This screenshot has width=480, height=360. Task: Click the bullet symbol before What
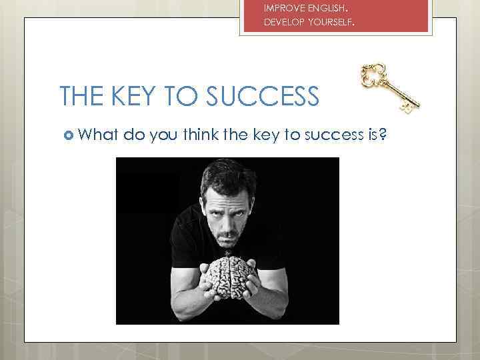pos(67,136)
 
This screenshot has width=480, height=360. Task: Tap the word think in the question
pos(205,135)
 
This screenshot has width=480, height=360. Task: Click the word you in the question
pos(163,136)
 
